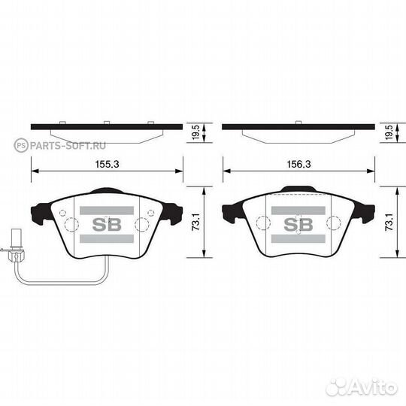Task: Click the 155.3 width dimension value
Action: pos(108,164)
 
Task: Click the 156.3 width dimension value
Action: pos(298,164)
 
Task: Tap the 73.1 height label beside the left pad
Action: pos(195,222)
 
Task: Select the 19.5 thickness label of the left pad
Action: pos(195,132)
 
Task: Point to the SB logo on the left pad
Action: pos(107,224)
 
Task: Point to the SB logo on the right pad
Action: pos(298,224)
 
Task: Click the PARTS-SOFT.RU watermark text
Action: pos(68,146)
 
